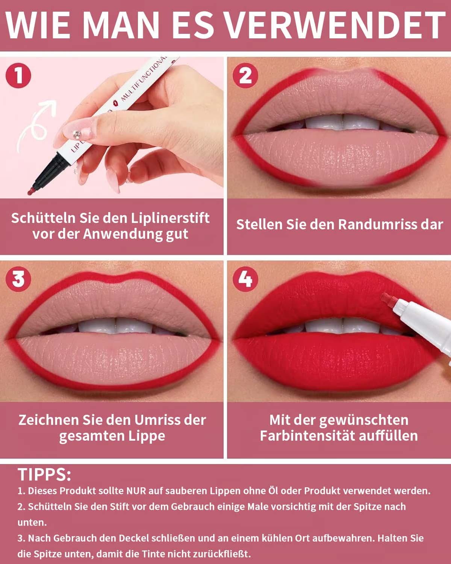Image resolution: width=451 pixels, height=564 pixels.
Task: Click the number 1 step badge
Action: coord(18,75)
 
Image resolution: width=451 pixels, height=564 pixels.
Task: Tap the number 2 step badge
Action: coord(245,75)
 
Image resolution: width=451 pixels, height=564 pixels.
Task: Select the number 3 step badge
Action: coord(18,279)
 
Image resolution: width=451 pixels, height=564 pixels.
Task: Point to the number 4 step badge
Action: coord(245,279)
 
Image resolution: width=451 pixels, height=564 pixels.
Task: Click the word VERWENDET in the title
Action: coord(336,26)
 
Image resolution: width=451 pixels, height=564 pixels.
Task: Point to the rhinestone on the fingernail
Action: coord(77,135)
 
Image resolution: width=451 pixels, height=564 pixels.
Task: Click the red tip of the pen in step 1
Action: coord(31,191)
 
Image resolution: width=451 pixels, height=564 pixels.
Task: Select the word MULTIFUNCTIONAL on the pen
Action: coord(144,79)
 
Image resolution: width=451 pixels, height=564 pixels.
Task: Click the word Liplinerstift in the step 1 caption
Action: coord(170,218)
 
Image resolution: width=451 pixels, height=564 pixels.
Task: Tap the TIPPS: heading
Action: coord(44,475)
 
